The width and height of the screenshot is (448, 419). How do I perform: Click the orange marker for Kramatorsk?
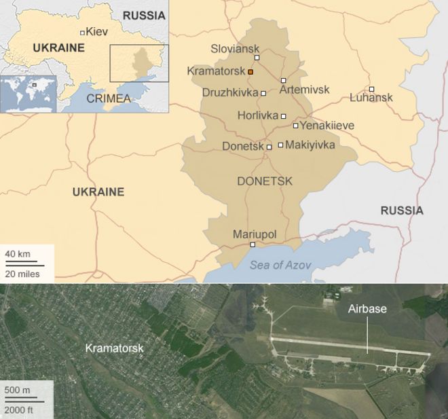tap(250, 71)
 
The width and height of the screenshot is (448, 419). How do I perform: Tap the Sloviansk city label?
tap(235, 49)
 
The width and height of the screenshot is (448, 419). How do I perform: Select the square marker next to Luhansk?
tap(371, 89)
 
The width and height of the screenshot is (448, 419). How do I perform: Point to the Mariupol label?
tap(255, 234)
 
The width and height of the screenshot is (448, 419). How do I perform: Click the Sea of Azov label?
tap(277, 265)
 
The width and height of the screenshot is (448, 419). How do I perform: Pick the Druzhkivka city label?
tap(229, 92)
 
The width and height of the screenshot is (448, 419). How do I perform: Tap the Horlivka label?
tap(258, 115)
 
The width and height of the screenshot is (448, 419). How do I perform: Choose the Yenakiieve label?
tap(327, 126)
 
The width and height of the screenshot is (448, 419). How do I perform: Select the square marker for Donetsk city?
tap(269, 147)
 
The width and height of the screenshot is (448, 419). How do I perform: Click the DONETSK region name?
tap(265, 181)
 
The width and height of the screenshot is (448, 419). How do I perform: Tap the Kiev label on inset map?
tap(97, 31)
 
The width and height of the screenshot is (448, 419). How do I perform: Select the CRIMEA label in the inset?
tap(109, 98)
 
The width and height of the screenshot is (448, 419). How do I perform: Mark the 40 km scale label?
tap(18, 254)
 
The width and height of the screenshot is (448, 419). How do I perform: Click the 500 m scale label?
tap(18, 390)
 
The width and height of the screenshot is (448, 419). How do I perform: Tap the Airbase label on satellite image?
tap(367, 309)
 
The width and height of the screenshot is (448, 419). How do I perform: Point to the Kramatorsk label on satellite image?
tap(114, 348)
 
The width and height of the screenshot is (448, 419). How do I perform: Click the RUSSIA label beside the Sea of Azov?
tap(401, 211)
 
